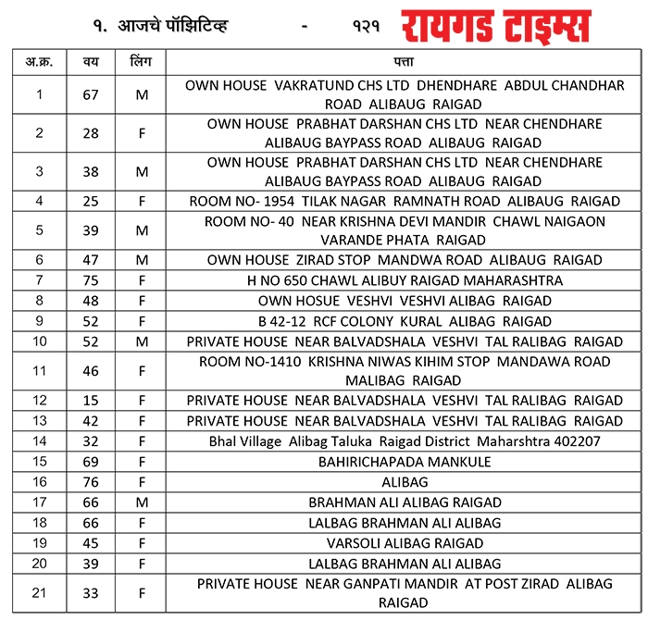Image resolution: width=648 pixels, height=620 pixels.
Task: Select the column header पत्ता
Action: click(405, 62)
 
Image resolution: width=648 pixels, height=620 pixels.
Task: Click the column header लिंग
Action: click(142, 62)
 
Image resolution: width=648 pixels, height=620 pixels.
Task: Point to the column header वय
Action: click(91, 62)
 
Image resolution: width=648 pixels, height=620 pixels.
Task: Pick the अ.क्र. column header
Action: click(38, 62)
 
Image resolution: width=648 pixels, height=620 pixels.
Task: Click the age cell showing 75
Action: click(91, 280)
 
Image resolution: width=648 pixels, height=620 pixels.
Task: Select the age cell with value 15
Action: click(91, 401)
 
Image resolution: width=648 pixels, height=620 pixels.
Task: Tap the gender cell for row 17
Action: click(142, 502)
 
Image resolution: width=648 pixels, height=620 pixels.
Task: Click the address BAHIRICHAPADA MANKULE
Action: click(405, 462)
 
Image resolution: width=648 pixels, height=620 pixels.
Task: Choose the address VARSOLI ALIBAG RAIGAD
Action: click(405, 543)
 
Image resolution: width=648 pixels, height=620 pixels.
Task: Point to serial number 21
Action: click(38, 593)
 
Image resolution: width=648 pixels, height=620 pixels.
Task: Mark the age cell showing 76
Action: click(91, 482)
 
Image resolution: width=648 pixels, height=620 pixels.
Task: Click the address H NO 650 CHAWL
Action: click(405, 280)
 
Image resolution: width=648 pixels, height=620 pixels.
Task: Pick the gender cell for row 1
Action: click(142, 94)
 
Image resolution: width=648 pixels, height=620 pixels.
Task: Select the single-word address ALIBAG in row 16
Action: click(405, 482)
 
